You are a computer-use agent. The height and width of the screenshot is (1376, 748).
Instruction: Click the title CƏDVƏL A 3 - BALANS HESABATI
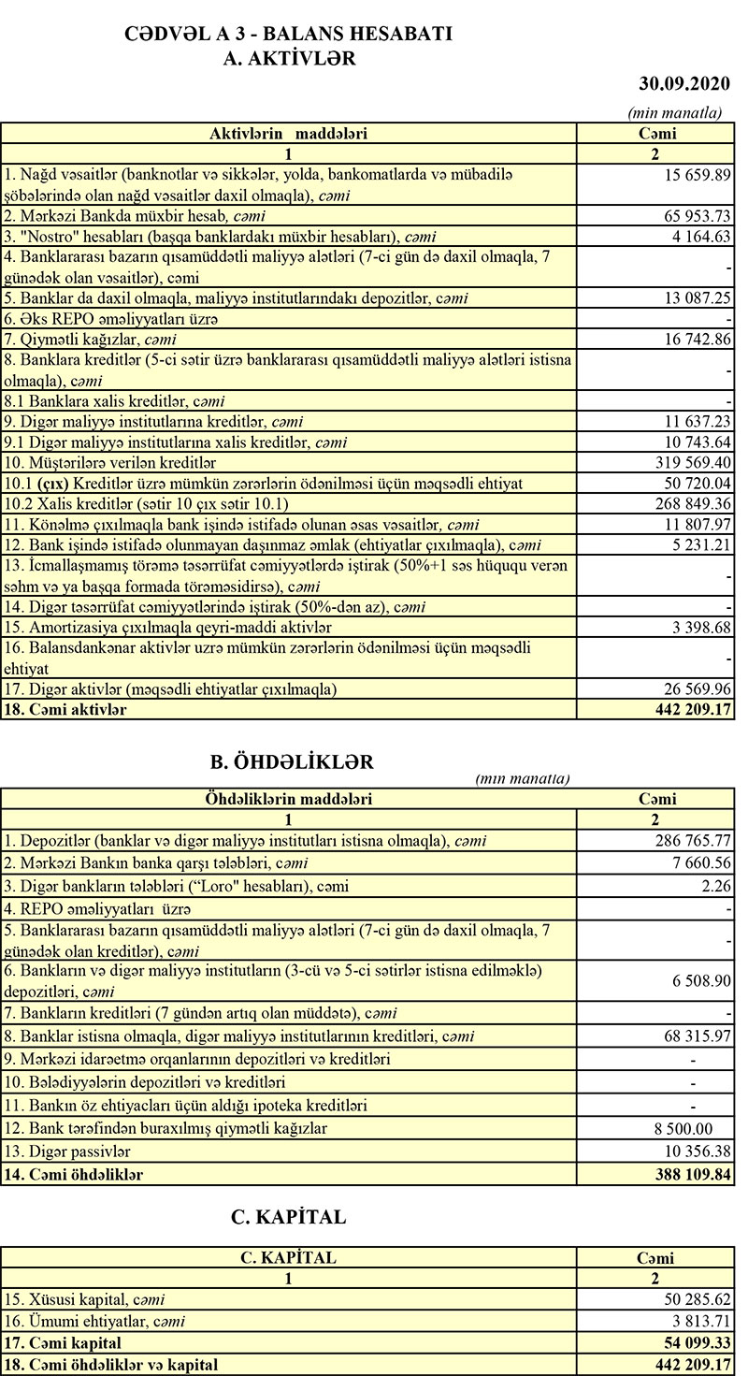(289, 35)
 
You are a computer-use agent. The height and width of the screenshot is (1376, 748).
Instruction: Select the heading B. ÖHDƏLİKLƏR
(292, 761)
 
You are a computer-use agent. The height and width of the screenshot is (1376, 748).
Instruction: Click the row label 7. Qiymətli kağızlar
(91, 339)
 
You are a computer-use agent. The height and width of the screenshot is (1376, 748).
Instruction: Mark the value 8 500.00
(682, 1128)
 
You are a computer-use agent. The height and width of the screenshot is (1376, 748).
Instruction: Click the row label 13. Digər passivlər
(67, 1151)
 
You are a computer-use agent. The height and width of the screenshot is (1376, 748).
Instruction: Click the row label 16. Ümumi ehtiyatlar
(94, 1321)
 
